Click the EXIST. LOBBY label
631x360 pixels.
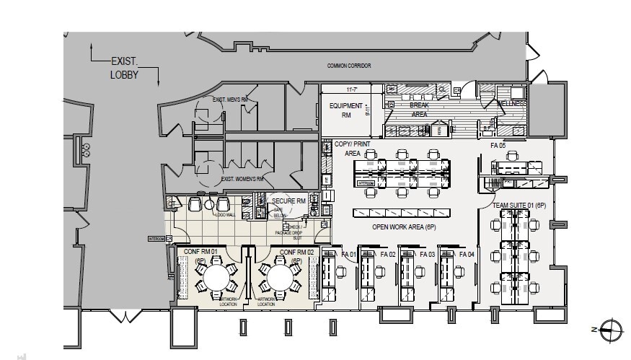coord(124,68)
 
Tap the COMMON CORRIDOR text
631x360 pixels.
coord(348,66)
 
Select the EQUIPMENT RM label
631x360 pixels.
coord(345,110)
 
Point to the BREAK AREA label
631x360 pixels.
coord(419,110)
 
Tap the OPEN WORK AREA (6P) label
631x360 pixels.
coord(404,227)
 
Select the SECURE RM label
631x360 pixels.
coord(288,200)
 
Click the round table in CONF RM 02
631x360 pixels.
coord(277,276)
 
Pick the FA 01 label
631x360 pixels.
coord(349,255)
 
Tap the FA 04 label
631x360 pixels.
coord(466,255)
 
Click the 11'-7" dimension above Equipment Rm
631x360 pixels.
coord(353,89)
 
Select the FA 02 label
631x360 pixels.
coord(388,255)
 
